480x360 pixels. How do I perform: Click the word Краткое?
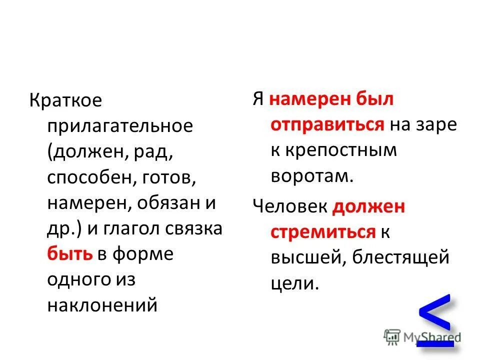pos(65,100)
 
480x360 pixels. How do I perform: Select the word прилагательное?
pos(120,126)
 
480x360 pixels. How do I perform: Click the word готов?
pos(167,177)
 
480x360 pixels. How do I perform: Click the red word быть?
pos(69,254)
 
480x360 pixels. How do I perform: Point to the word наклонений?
pos(102,305)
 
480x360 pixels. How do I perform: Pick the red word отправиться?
pos(327,124)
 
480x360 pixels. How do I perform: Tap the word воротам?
pos(312,175)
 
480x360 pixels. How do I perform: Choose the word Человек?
pos(290,206)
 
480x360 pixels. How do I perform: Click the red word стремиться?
pos(323,232)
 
